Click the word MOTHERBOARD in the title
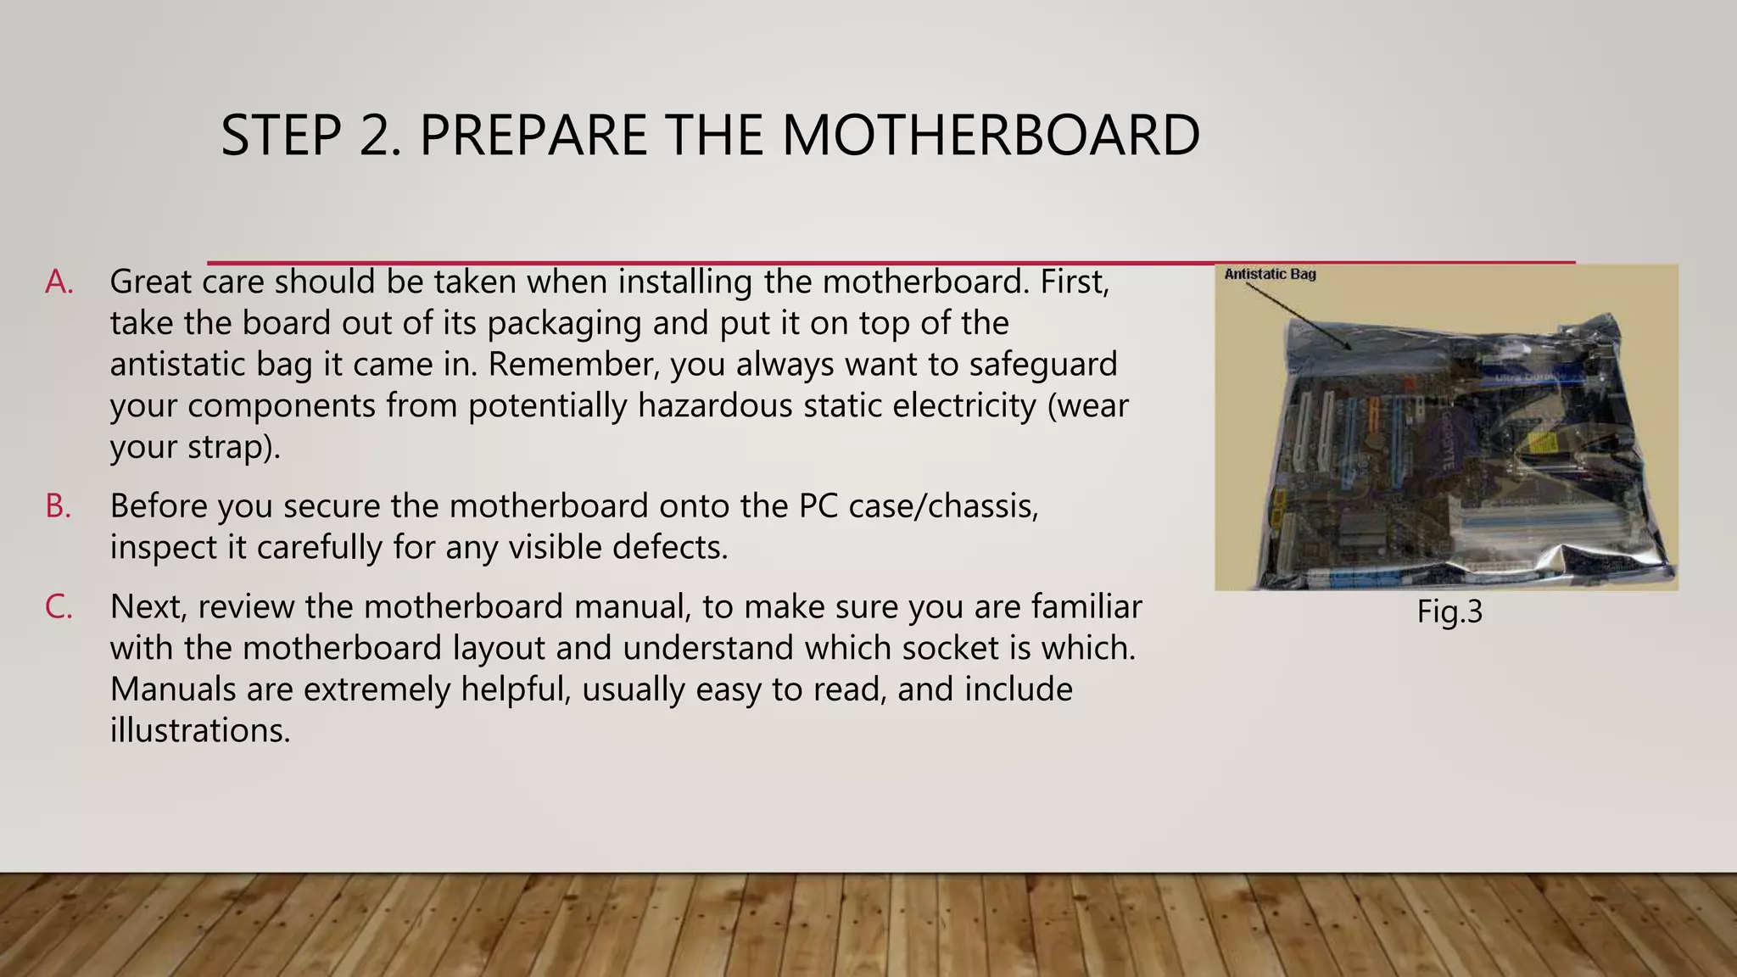point(990,136)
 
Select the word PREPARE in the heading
point(532,136)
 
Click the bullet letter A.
point(59,282)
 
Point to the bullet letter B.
point(58,506)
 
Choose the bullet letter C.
point(59,607)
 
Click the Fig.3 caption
point(1449,611)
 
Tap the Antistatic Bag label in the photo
point(1270,274)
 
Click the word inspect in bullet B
point(164,548)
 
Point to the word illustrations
point(200,730)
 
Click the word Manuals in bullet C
point(173,689)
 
